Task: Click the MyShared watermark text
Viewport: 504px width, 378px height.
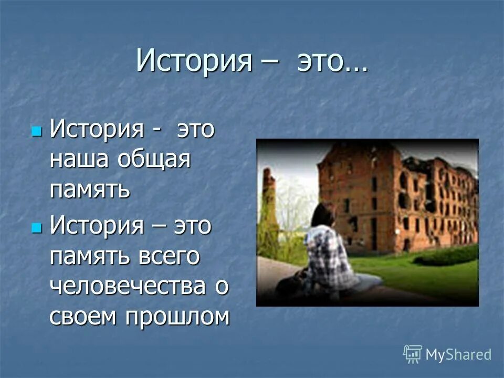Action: point(458,354)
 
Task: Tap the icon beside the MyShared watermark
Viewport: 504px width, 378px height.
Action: point(413,354)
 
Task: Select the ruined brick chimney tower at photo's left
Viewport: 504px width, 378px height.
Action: point(269,210)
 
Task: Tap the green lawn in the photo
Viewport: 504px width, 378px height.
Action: point(436,273)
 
